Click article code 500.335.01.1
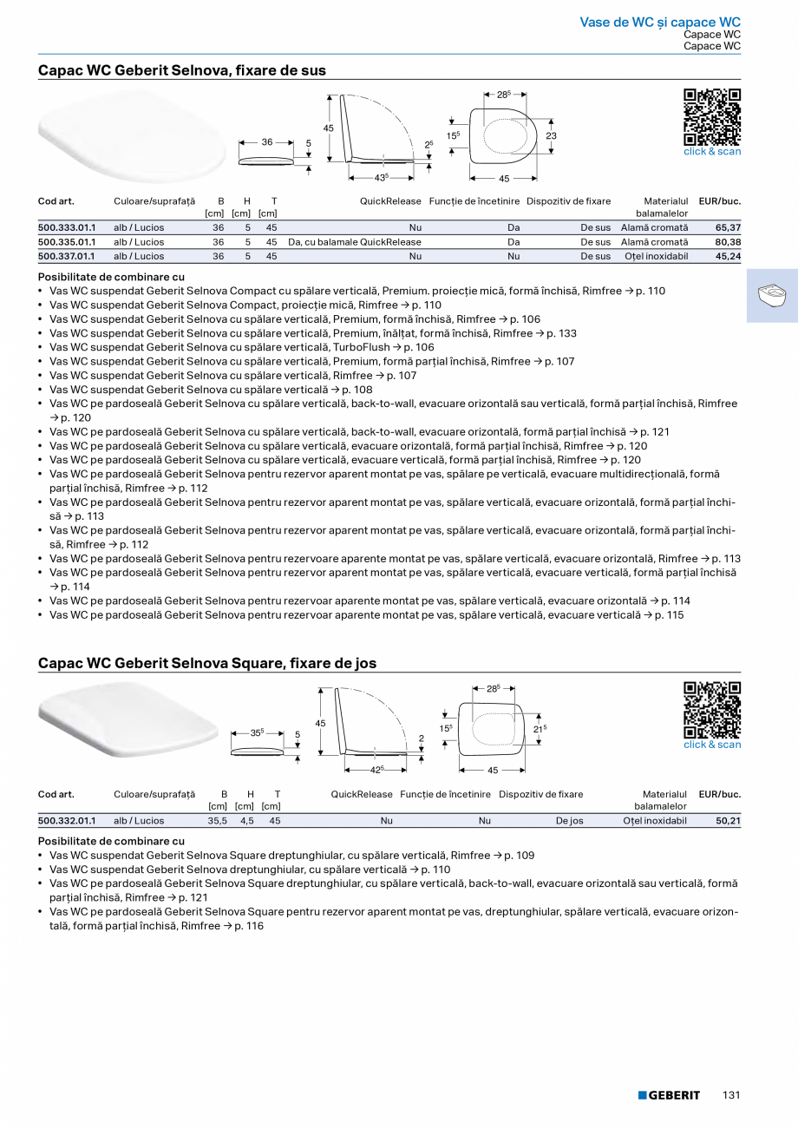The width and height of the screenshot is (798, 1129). [x=67, y=242]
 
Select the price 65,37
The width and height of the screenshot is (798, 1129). [x=728, y=227]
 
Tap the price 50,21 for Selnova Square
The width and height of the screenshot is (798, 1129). [x=728, y=820]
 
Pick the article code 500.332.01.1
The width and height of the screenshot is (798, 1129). [x=67, y=820]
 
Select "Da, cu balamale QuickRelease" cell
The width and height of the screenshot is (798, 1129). [x=355, y=242]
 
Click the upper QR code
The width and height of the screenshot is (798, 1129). [x=712, y=117]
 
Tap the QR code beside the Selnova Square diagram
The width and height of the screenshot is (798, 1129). [x=712, y=710]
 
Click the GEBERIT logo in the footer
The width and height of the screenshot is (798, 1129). [x=669, y=1095]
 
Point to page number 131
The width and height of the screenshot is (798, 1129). [x=731, y=1095]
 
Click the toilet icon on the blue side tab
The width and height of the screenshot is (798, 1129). [x=771, y=295]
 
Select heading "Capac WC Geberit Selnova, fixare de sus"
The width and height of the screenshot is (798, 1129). [x=182, y=70]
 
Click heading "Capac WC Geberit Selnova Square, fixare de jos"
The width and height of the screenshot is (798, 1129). [x=207, y=663]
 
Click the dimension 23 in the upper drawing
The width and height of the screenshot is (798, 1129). [x=551, y=136]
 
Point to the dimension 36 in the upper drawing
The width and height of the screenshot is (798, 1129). [x=267, y=141]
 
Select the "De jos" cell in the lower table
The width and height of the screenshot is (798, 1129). [x=570, y=820]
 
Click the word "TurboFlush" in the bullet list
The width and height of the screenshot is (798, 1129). [x=360, y=347]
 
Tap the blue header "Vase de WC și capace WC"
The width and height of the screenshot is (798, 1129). [x=660, y=22]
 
